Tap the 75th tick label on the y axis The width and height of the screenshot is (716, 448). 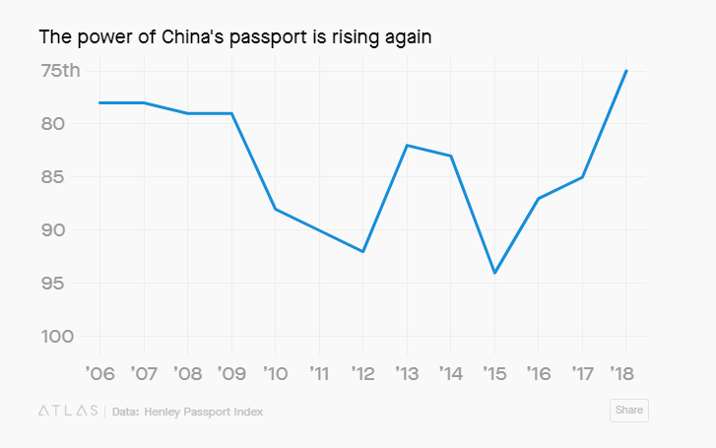61,71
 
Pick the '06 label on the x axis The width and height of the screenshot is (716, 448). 99,373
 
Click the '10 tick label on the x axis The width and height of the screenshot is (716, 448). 275,373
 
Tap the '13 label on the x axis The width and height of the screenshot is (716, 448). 406,373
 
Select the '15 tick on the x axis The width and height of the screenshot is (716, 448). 493,373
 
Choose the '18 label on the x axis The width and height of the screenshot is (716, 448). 625,373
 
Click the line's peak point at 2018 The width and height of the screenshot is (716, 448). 626,71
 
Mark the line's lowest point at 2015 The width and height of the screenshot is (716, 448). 494,273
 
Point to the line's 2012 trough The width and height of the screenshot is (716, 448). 363,251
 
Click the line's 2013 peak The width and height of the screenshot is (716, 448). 407,145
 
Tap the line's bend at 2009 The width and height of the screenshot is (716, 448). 231,113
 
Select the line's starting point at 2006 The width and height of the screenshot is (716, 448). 99,102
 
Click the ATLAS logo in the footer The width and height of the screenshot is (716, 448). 67,411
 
